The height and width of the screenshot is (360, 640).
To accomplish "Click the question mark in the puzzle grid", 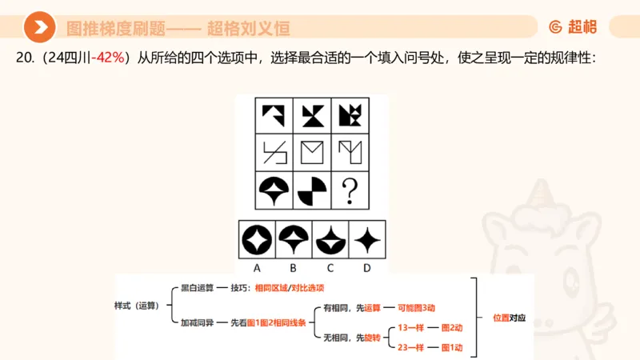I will pos(349,192).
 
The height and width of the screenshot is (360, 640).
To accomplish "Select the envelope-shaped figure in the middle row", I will pos(312,153).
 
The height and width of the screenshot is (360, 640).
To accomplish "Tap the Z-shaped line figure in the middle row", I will pos(274,153).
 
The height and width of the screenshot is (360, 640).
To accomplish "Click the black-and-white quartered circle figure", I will pos(312,191).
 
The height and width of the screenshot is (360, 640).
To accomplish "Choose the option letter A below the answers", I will pos(258,268).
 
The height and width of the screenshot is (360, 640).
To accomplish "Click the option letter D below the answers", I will pos(366,268).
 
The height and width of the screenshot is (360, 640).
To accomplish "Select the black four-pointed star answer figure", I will pos(366,239).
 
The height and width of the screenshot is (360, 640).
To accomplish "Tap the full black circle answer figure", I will pos(258,239).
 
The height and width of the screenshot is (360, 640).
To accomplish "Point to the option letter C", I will pos(330,268).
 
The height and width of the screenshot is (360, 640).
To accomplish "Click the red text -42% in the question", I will pos(110,58).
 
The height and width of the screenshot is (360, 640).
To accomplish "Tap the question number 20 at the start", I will pos(23,58).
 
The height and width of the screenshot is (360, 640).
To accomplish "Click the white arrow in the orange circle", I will pos(39,28).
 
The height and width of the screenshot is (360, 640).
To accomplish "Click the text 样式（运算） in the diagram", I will pos(138,305).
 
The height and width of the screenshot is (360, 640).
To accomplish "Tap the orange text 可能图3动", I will pos(415,307).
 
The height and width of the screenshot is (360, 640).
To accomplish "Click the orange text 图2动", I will pos(451,328).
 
